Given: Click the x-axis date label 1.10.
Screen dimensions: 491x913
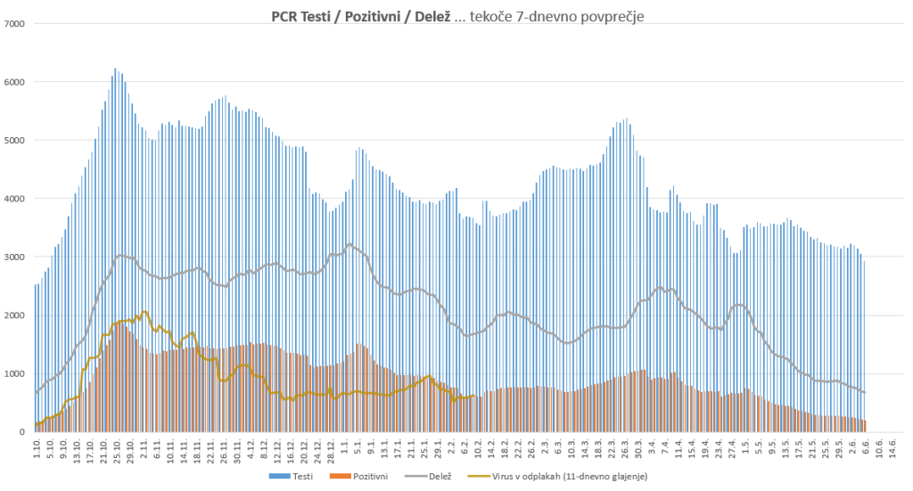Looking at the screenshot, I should pyautogui.click(x=37, y=448).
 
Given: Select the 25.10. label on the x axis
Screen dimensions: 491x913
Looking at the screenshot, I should pyautogui.click(x=116, y=450).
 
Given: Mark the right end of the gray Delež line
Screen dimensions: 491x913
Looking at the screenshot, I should pyautogui.click(x=865, y=393).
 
